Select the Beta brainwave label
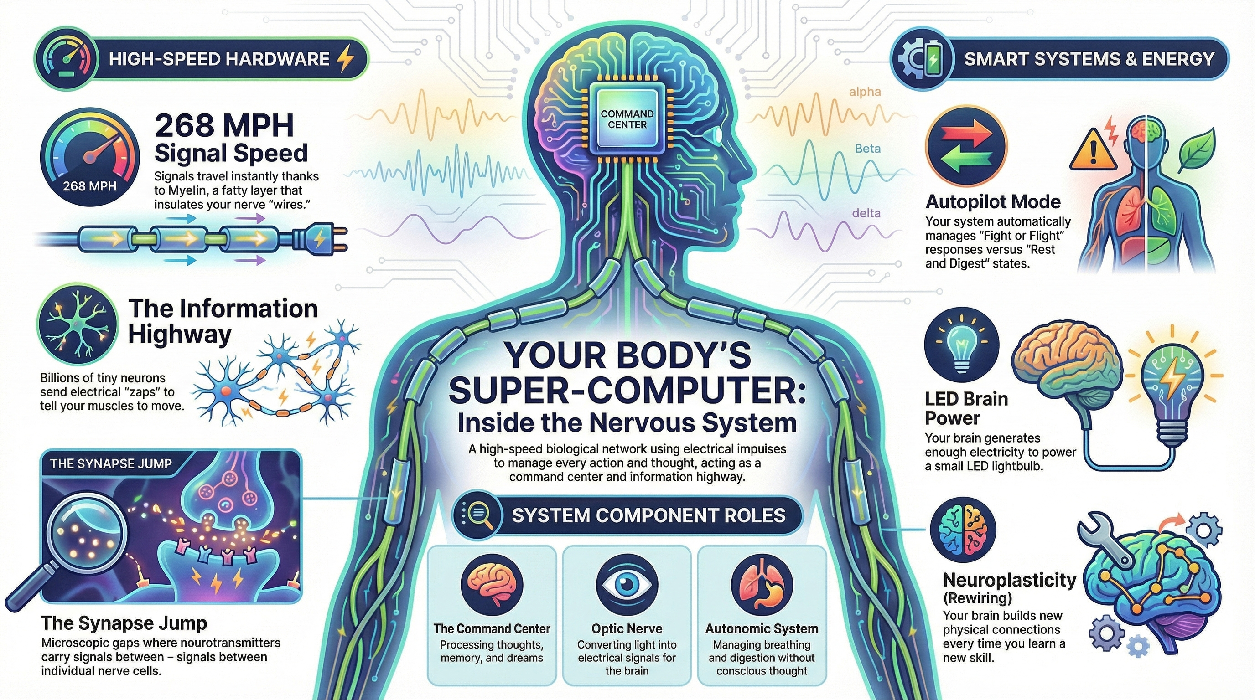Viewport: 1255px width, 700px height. (868, 149)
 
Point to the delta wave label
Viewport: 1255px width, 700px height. (866, 213)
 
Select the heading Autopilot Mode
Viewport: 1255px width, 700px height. (993, 201)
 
